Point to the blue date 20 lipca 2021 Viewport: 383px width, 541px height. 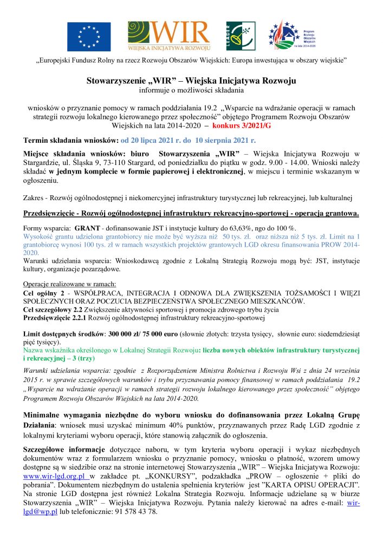[x=149, y=140]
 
